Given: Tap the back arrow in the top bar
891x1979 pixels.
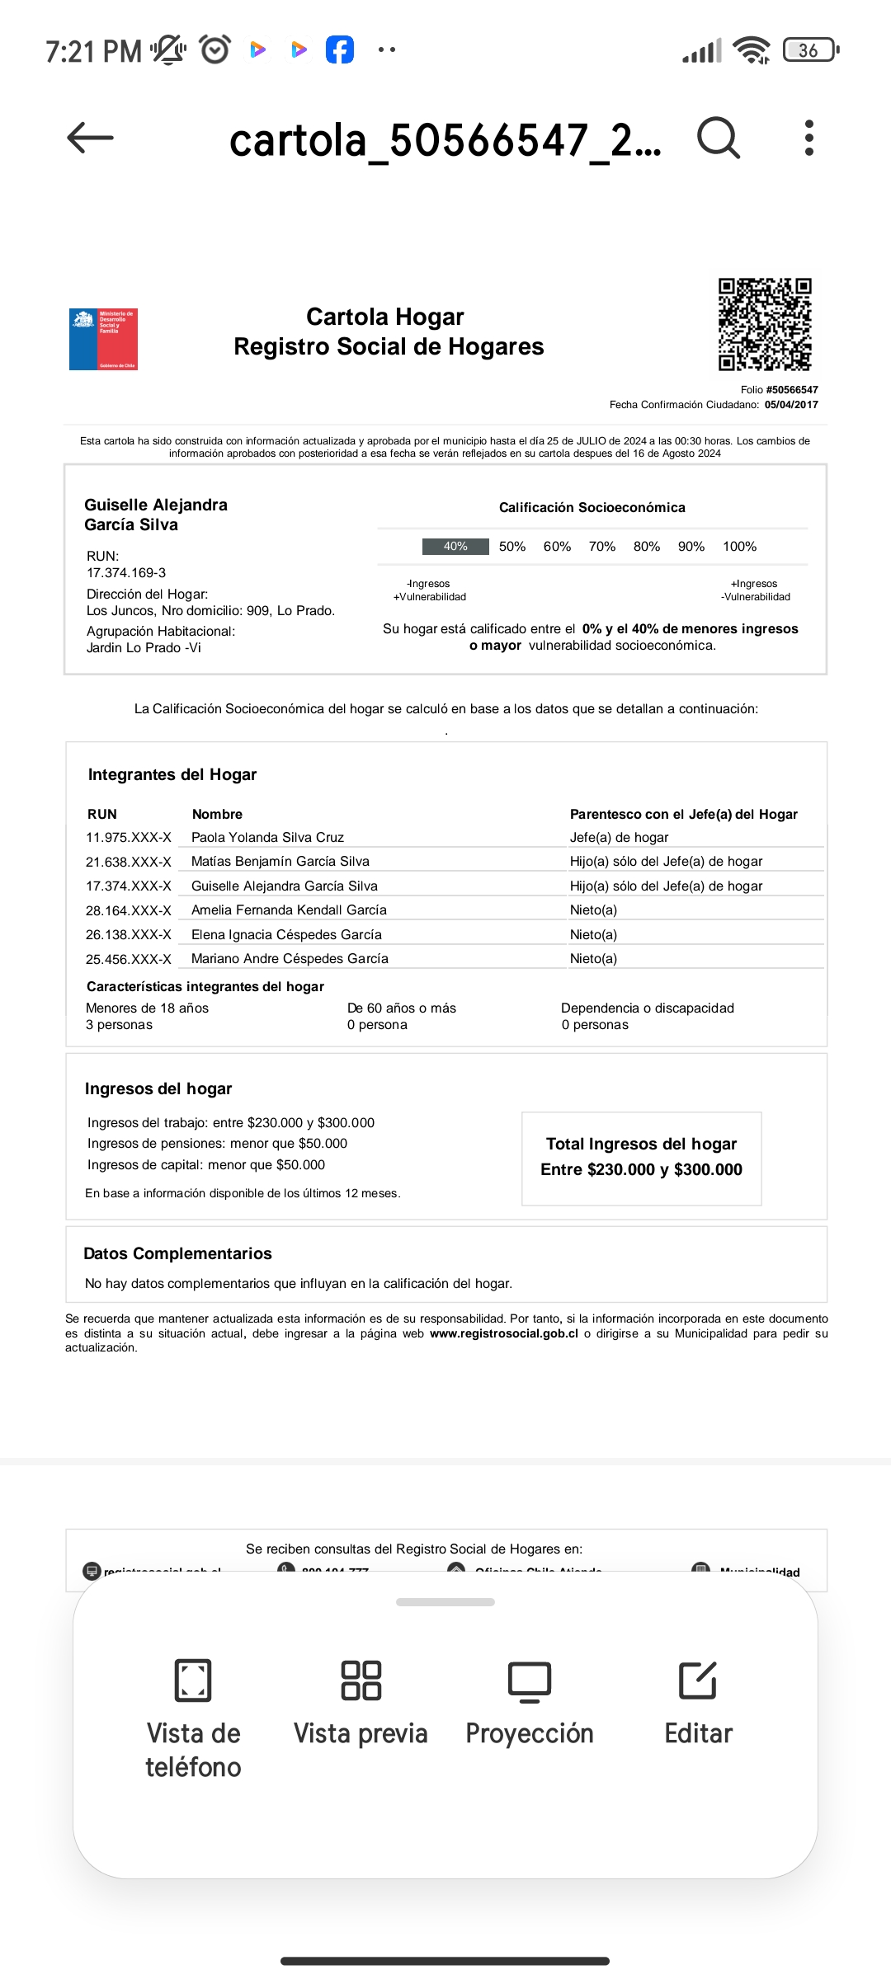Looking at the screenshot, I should click(x=90, y=138).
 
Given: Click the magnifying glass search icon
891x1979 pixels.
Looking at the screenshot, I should click(x=719, y=138).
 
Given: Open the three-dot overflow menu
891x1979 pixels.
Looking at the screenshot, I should click(x=809, y=138).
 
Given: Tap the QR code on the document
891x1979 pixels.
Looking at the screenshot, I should click(x=765, y=324).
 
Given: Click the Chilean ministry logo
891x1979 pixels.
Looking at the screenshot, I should click(x=103, y=339).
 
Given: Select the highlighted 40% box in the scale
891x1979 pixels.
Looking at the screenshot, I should click(x=455, y=547).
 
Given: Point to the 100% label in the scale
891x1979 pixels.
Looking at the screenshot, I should click(x=739, y=547).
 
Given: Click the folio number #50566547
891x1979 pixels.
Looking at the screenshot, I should click(x=791, y=390).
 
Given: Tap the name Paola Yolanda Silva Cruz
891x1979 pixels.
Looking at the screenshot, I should click(x=267, y=837).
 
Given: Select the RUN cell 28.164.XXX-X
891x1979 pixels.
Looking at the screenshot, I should click(x=129, y=910).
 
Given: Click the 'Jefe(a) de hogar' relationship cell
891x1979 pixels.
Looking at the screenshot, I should click(x=619, y=837).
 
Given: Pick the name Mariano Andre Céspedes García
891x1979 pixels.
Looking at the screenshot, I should click(x=290, y=958).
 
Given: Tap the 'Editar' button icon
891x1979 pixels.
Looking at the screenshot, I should click(x=698, y=1680).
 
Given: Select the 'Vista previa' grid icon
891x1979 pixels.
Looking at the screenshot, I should click(x=361, y=1680).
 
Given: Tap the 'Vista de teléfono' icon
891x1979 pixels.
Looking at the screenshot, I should click(x=193, y=1680).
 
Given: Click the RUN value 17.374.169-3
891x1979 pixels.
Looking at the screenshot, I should click(x=126, y=572).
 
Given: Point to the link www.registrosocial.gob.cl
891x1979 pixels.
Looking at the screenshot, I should click(x=503, y=1333).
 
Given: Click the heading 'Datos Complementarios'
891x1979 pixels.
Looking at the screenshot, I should click(x=177, y=1253).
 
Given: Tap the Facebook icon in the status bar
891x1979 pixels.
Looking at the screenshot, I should click(x=339, y=49).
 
